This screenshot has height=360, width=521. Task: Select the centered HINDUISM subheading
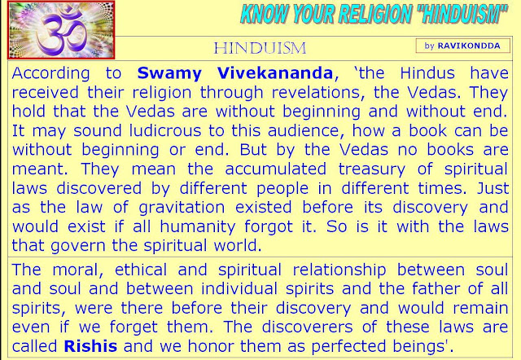pos(260,48)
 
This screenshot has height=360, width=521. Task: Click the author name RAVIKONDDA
pos(469,46)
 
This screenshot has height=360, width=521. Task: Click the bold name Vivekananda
pos(275,73)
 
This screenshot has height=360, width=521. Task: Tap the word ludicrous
pos(165,130)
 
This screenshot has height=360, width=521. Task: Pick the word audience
pos(304,130)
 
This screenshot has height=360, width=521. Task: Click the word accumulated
pos(275,169)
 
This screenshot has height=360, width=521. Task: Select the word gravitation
pos(182,208)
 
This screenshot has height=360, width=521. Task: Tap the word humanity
pos(197,227)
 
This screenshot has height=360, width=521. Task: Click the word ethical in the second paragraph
pos(141,270)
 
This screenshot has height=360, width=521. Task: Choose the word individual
pos(239,288)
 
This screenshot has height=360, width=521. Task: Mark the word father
pos(437,288)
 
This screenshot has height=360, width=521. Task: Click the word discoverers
pos(307,327)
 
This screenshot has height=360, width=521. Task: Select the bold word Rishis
pos(90,346)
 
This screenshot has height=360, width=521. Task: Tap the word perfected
pos(348,347)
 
